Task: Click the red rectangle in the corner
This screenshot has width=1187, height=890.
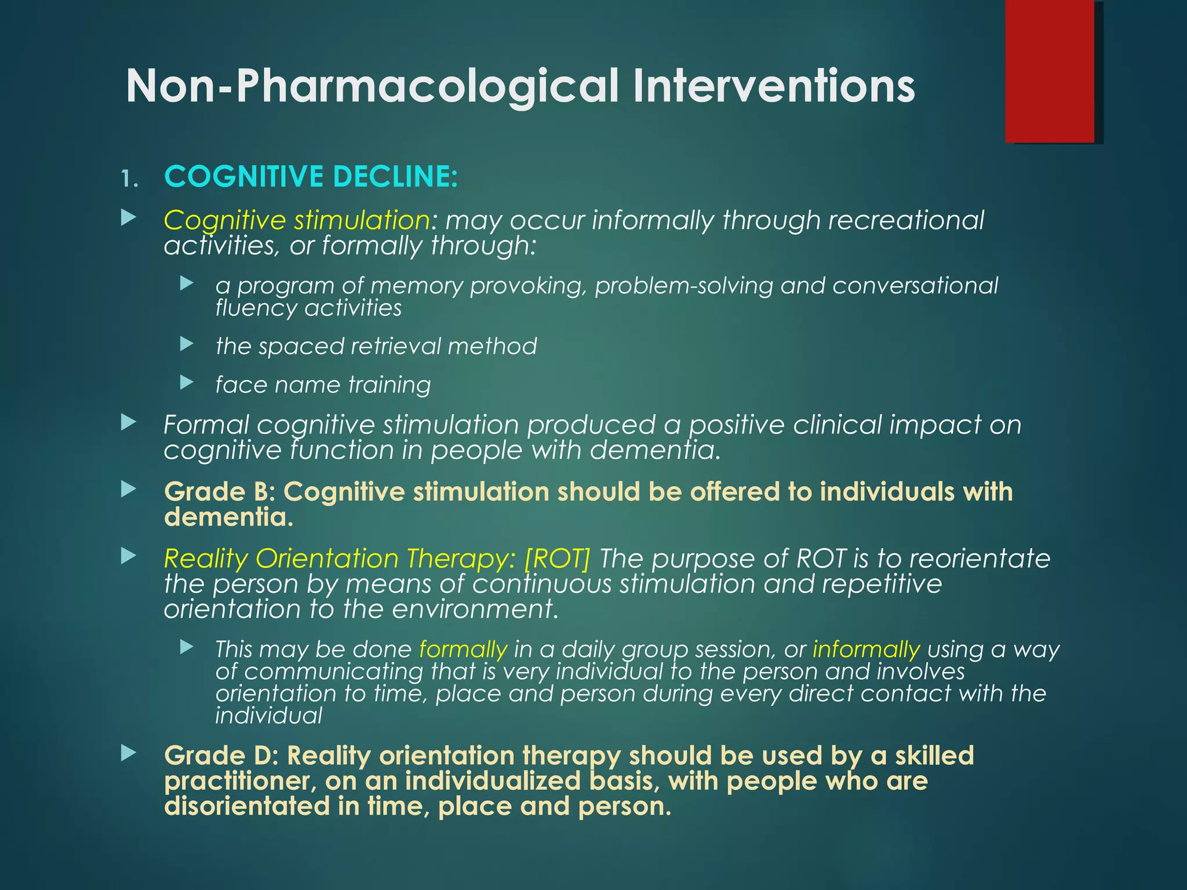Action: (x=1049, y=71)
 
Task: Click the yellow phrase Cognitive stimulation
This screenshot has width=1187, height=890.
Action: (x=296, y=220)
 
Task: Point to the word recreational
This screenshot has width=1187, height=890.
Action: (x=905, y=220)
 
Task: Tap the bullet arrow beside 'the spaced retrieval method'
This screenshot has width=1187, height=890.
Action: (x=187, y=344)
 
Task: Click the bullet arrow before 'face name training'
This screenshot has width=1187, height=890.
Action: (x=187, y=382)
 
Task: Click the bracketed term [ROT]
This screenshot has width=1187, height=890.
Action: (x=556, y=559)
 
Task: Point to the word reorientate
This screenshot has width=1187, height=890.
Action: (x=980, y=559)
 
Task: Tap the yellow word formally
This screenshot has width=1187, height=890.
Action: (x=463, y=650)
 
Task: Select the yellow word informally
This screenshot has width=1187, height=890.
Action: (x=866, y=650)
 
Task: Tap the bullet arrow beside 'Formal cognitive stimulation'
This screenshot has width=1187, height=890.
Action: (x=129, y=422)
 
